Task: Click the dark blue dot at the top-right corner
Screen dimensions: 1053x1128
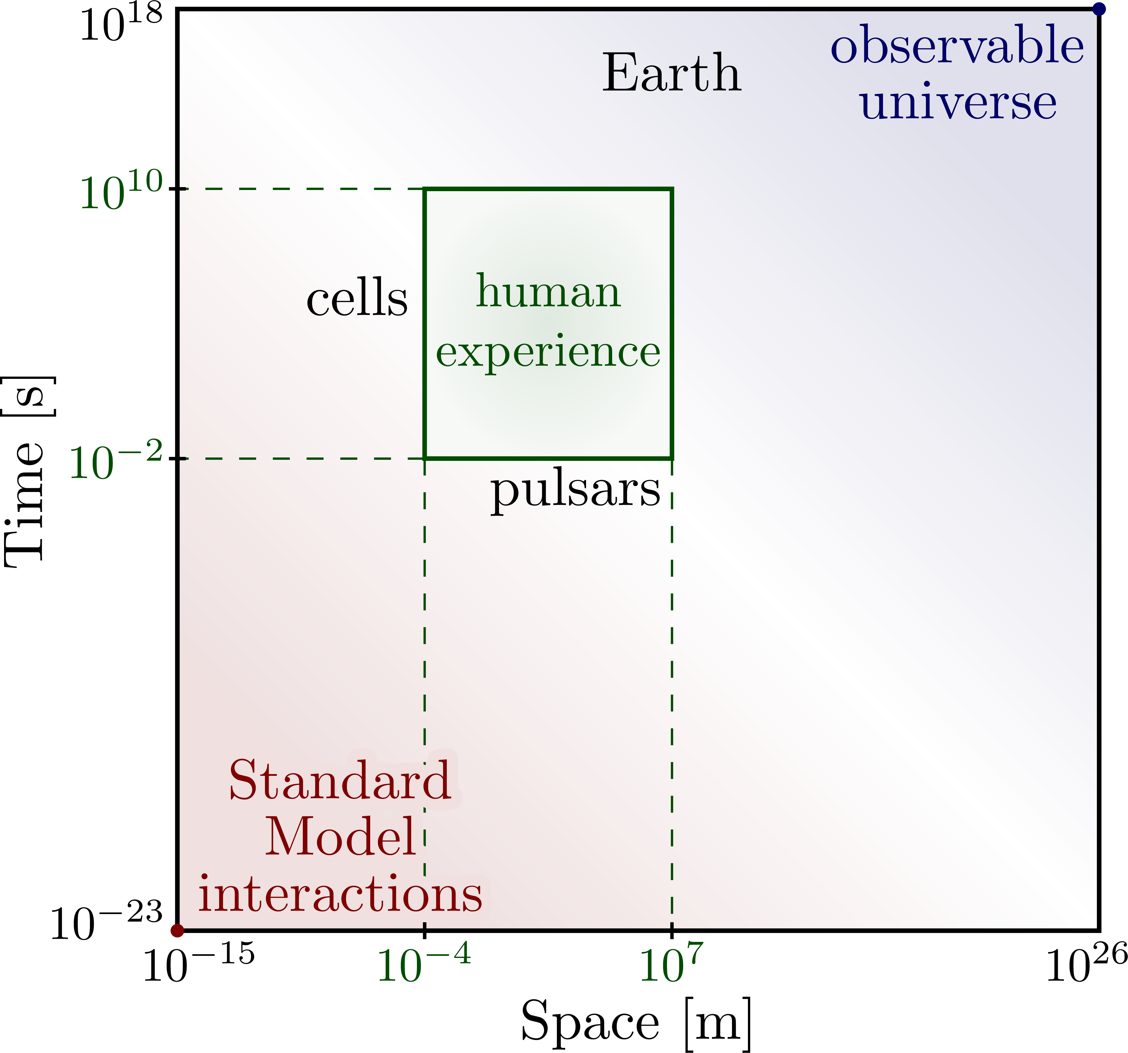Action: point(1099,9)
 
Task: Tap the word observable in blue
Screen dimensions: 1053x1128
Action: point(957,45)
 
